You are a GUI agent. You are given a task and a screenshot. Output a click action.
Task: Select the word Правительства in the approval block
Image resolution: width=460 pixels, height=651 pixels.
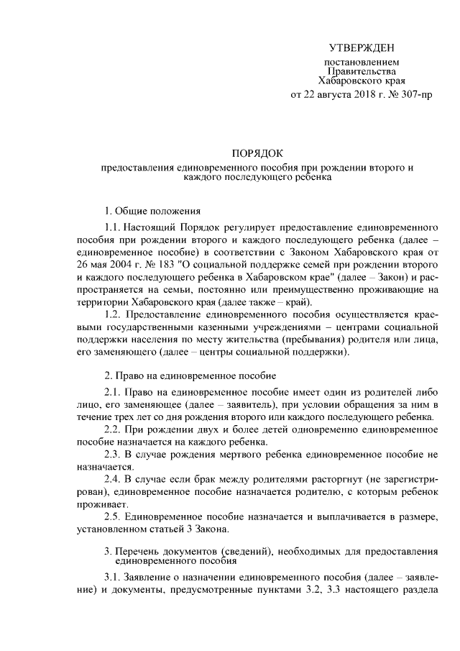click(x=362, y=72)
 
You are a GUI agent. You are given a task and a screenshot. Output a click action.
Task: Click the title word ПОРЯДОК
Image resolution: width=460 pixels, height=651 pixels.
click(x=258, y=153)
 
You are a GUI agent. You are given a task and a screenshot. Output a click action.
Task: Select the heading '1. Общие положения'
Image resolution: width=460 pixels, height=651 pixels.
click(x=153, y=211)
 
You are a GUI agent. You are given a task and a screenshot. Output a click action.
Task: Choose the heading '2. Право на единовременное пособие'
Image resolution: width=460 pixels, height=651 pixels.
click(x=190, y=375)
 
